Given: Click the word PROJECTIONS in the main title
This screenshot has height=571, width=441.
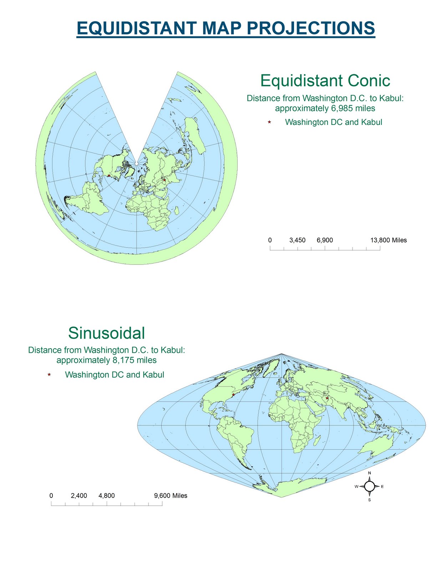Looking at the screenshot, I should [310, 28].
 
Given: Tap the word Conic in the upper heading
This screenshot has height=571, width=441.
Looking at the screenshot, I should [369, 81].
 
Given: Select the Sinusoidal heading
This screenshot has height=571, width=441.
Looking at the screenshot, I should [106, 333].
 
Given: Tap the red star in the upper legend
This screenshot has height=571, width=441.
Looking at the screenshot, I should [269, 122].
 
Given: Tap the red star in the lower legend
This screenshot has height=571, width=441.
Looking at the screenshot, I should [49, 375].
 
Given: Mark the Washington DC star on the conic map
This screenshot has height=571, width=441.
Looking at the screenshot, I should [109, 176].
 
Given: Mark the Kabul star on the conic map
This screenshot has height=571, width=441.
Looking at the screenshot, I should [164, 180].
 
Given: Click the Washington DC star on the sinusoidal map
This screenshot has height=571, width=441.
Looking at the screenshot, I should [233, 395].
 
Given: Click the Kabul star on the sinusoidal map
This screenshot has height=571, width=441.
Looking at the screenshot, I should [327, 398].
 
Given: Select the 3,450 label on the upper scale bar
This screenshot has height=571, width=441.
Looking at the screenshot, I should [297, 240].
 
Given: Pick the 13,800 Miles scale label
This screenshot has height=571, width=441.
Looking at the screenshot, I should [388, 240].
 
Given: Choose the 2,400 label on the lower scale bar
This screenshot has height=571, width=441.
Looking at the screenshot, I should [79, 496].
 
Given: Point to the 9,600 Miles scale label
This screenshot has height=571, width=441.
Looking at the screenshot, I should [171, 496].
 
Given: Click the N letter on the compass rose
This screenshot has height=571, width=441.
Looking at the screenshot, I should [369, 473].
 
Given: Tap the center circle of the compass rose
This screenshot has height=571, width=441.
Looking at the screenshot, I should [369, 486].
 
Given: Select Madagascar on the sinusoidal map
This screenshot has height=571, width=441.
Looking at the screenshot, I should [316, 441].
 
